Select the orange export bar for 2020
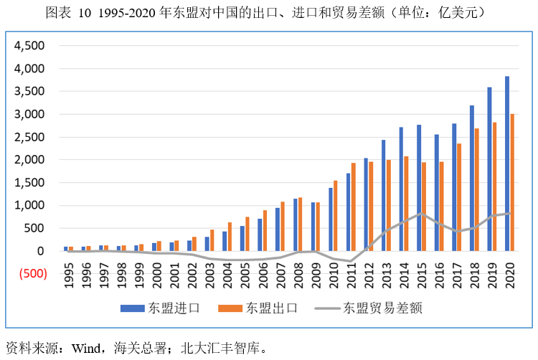pos(512,182)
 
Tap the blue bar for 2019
pos(489,169)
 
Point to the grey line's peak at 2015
pos(422,214)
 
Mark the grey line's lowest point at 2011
pos(351,261)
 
